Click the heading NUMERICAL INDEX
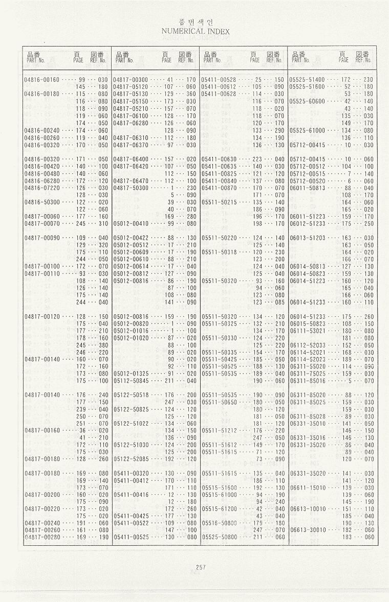click(195, 31)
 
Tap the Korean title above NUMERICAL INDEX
click(195, 22)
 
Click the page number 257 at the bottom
click(200, 566)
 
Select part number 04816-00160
click(42, 80)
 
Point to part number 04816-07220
click(42, 188)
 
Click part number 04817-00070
click(42, 223)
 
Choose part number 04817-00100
click(42, 266)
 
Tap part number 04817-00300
click(130, 80)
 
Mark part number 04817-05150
click(130, 101)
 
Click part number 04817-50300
click(130, 188)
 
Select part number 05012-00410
click(130, 223)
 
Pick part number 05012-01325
click(130, 373)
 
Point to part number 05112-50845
click(130, 380)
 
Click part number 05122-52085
click(130, 459)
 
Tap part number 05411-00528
click(219, 80)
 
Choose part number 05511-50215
click(219, 202)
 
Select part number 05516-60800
click(219, 523)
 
